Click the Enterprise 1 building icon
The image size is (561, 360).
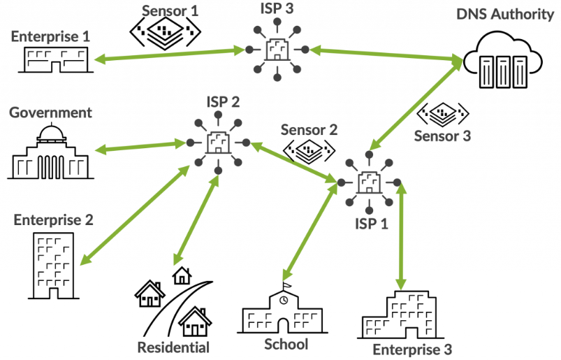click(x=52, y=59)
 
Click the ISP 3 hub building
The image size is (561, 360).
click(x=277, y=50)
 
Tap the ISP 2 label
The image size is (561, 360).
click(x=223, y=101)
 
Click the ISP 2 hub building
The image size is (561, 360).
click(x=219, y=143)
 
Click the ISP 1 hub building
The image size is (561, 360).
click(x=368, y=183)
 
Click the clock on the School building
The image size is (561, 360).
click(x=283, y=300)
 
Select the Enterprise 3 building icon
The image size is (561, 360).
click(x=399, y=317)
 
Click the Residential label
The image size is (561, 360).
click(x=173, y=347)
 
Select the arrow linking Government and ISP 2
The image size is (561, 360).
click(x=139, y=146)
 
